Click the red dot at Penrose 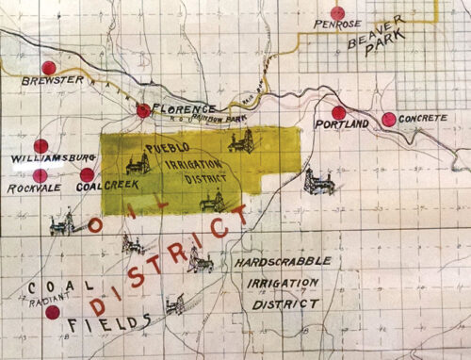(336, 13)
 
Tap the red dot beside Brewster (48, 68)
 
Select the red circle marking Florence (143, 110)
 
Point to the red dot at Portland (339, 112)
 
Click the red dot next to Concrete (388, 119)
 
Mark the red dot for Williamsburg (41, 146)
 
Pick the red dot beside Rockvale (41, 175)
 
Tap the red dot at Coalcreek (87, 174)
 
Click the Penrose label (337, 25)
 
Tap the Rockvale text (33, 188)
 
